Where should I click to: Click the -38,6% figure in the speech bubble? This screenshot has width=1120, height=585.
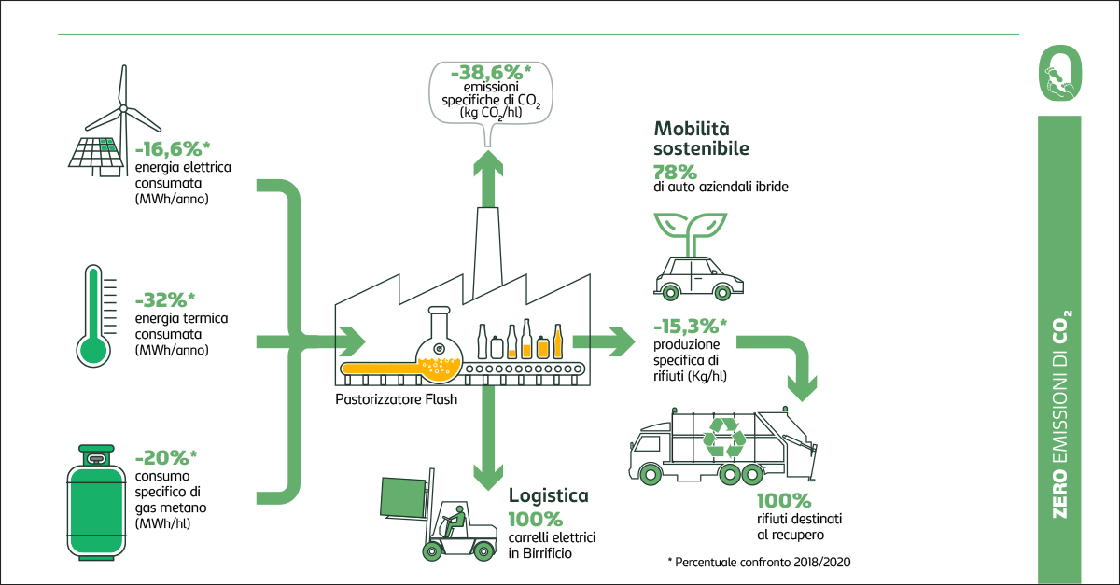[484, 72]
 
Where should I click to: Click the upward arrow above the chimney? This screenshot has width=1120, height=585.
[485, 177]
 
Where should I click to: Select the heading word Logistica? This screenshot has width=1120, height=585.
[548, 495]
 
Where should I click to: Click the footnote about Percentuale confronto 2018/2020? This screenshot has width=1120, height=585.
[760, 563]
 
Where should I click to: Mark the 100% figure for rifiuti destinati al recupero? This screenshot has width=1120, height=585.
[784, 501]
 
